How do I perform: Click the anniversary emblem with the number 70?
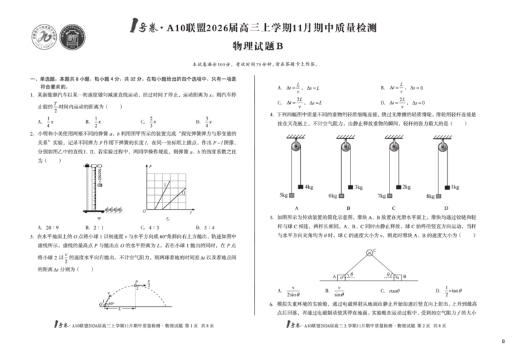(44, 37)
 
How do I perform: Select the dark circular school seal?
(73, 37)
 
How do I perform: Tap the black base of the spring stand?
(93, 211)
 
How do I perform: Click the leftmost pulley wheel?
(296, 146)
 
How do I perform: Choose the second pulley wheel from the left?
(346, 146)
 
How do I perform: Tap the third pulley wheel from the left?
(394, 146)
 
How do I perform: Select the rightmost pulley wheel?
(442, 146)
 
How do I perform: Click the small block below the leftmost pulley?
(292, 196)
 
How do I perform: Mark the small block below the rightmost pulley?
(438, 196)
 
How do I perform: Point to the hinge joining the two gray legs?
(369, 253)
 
